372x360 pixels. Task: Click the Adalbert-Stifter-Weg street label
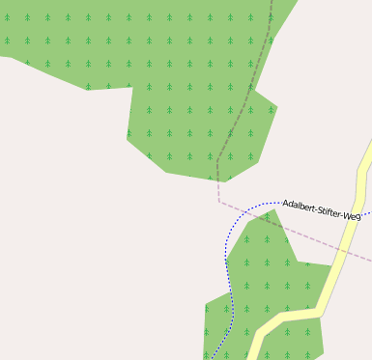coord(322,209)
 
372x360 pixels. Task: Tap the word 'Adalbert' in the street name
coord(300,205)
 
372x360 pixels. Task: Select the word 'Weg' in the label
coord(352,216)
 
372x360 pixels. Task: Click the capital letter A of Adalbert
coord(286,203)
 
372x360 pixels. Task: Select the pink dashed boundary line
coord(290,232)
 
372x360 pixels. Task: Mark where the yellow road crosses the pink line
coord(347,250)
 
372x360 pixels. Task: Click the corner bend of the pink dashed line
coord(219,202)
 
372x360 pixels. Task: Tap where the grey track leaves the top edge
coord(272,2)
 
